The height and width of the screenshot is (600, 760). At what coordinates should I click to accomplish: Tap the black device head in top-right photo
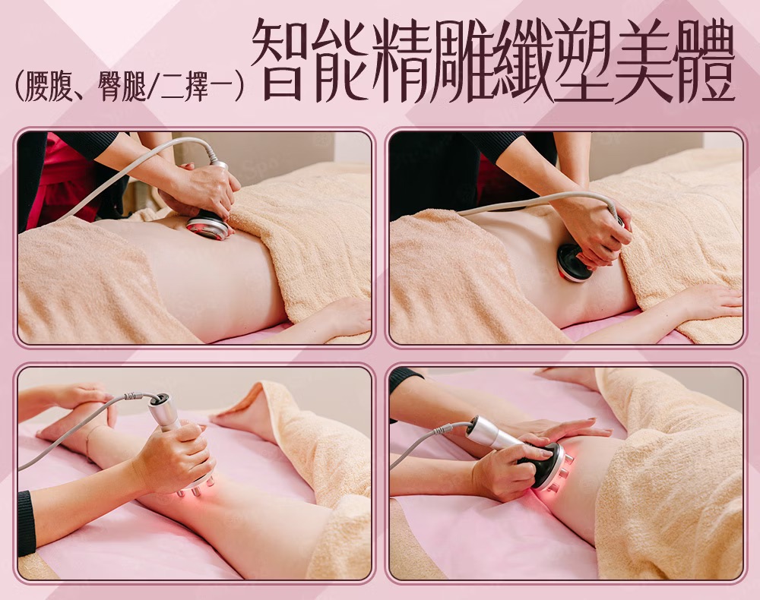(x=575, y=261)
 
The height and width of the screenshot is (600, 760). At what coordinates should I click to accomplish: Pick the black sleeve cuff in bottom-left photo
(x=26, y=523)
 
